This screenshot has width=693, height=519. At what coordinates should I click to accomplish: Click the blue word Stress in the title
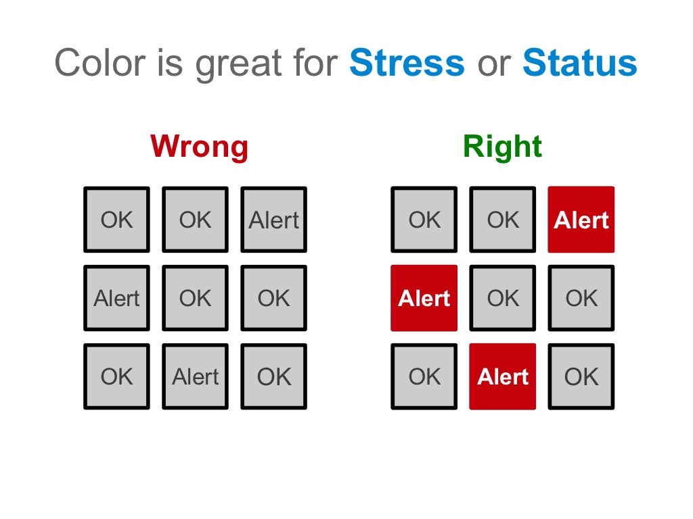pyautogui.click(x=407, y=64)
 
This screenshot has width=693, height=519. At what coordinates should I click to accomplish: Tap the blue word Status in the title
pyautogui.click(x=579, y=64)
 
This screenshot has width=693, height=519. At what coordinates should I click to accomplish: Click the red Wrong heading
pyautogui.click(x=199, y=147)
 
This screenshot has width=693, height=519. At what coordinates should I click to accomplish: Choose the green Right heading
pyautogui.click(x=502, y=147)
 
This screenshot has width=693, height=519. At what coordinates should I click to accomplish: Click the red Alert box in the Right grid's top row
pyautogui.click(x=581, y=220)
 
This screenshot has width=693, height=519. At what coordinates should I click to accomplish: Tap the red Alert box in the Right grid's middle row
pyautogui.click(x=424, y=298)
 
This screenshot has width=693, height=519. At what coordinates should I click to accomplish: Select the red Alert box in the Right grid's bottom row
pyautogui.click(x=503, y=376)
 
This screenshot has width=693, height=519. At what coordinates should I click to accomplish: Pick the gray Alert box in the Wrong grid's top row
pyautogui.click(x=274, y=220)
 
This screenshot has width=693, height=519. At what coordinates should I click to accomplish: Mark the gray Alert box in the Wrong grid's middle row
pyautogui.click(x=117, y=298)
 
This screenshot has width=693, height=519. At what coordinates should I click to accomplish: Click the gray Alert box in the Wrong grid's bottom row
pyautogui.click(x=196, y=376)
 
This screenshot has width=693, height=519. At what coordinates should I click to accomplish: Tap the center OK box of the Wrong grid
pyautogui.click(x=196, y=298)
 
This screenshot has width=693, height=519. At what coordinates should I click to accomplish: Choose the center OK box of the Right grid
pyautogui.click(x=503, y=298)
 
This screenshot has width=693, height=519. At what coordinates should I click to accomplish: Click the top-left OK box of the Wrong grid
pyautogui.click(x=117, y=220)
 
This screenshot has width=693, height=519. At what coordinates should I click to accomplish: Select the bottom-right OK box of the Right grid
pyautogui.click(x=581, y=376)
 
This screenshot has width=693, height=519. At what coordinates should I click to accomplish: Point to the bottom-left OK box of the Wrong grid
pyautogui.click(x=117, y=376)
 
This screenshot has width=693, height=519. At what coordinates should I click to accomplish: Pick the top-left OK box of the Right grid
pyautogui.click(x=424, y=220)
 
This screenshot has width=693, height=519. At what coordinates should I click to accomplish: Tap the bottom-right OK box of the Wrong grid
pyautogui.click(x=274, y=376)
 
